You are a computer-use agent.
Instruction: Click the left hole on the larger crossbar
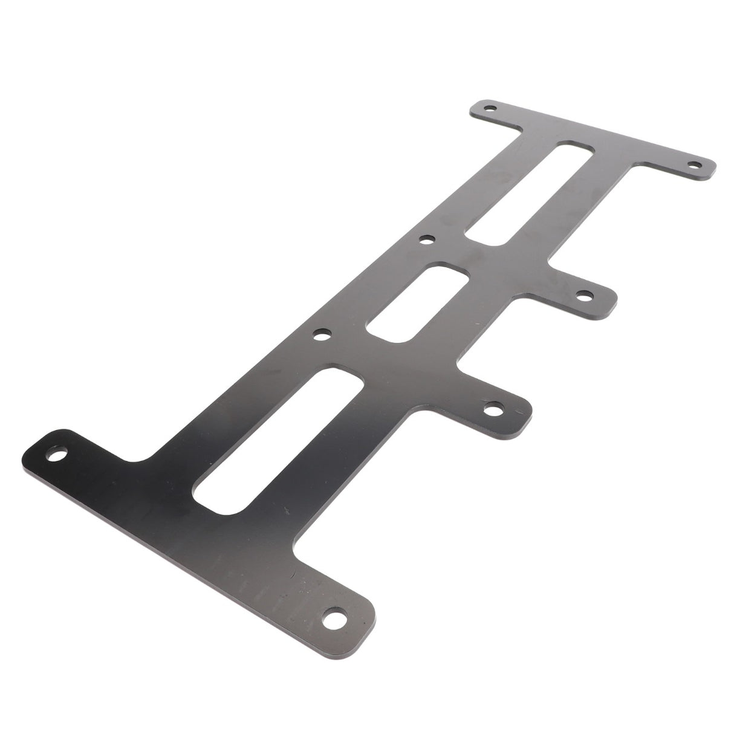[59, 454]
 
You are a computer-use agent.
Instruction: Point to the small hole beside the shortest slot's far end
[427, 240]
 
